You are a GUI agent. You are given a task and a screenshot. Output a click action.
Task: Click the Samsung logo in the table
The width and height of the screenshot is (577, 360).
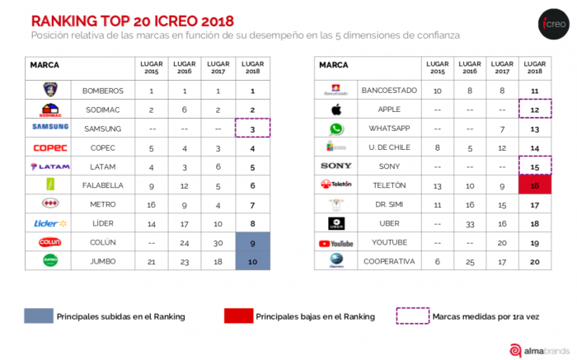[x=49, y=128]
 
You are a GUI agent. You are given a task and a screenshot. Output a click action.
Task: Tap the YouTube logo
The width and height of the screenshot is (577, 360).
[x=336, y=243]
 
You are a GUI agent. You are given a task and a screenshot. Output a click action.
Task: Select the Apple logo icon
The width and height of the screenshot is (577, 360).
[x=336, y=110]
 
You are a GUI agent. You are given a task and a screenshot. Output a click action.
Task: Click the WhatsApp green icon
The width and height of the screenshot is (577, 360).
[x=336, y=129]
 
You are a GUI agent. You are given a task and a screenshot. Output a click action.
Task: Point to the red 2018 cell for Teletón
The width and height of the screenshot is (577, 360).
[x=534, y=185]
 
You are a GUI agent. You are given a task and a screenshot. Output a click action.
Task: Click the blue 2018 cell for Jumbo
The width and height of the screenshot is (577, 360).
[x=252, y=261]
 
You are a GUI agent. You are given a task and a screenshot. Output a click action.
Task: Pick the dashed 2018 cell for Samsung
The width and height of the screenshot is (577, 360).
[x=252, y=128]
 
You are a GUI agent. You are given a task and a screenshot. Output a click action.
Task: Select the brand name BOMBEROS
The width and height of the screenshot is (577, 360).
[x=103, y=90]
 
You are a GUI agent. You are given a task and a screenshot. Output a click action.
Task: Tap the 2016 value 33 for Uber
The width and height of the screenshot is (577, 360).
[x=469, y=223]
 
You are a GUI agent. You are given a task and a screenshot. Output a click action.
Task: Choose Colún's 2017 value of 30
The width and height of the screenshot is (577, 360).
[x=218, y=242]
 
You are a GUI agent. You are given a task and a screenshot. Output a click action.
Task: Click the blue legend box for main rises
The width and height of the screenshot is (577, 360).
[x=38, y=316]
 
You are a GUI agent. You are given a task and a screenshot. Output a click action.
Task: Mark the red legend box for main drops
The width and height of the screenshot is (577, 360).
[x=237, y=316]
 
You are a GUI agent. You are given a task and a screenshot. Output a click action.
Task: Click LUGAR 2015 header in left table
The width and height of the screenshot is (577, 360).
[x=152, y=67]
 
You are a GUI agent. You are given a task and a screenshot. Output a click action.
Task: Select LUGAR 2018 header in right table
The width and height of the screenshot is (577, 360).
[x=534, y=67]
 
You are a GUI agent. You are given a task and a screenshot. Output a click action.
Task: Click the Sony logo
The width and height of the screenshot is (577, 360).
[x=336, y=166]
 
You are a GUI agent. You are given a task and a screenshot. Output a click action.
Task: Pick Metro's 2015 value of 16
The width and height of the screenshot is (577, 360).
[x=152, y=204]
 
